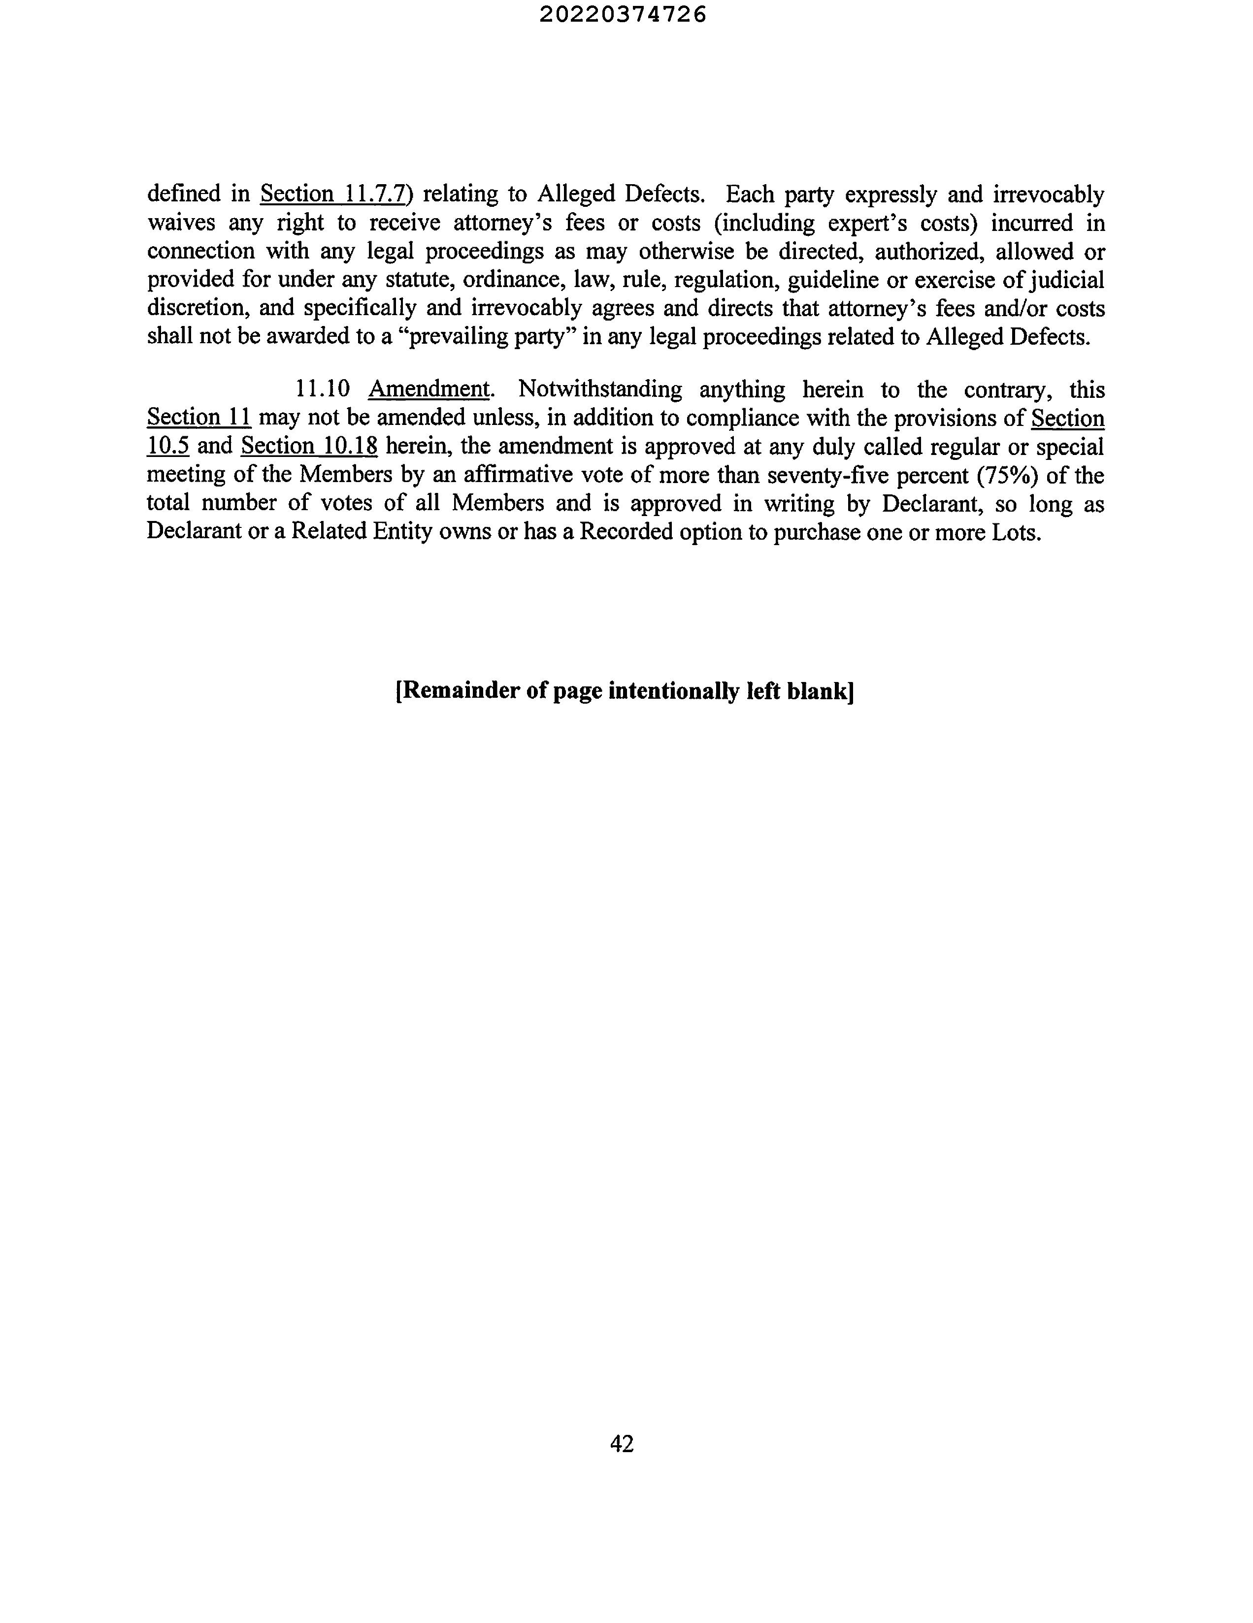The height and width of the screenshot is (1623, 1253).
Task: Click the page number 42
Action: [621, 1443]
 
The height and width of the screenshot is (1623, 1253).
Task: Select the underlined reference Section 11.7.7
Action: [333, 194]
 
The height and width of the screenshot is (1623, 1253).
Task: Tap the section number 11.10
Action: [323, 390]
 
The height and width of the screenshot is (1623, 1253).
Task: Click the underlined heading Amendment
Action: [429, 390]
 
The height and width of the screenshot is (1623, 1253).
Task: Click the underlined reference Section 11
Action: [198, 418]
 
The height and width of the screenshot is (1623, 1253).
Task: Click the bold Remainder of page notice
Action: [624, 691]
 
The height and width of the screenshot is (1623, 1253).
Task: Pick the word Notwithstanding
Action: [600, 390]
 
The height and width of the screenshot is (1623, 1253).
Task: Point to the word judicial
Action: [1069, 280]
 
